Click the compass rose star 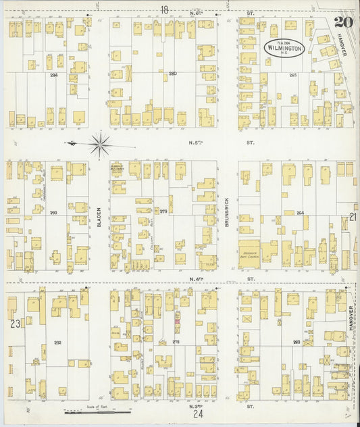[x=99, y=143]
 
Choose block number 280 [x=173, y=74]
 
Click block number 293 [x=53, y=212]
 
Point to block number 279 [x=163, y=211]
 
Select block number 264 [x=300, y=214]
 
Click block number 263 [x=297, y=342]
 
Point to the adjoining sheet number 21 [x=353, y=217]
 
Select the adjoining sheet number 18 [x=164, y=9]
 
